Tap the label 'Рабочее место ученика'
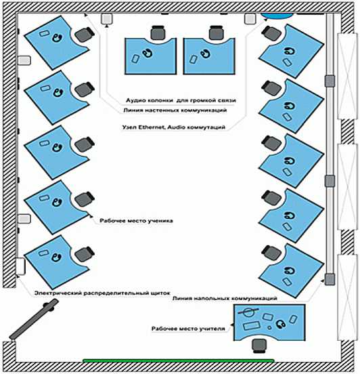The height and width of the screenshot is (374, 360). (136, 221)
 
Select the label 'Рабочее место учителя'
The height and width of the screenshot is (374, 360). (188, 329)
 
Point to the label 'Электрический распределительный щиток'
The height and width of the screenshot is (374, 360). (102, 293)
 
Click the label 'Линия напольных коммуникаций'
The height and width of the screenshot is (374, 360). (225, 298)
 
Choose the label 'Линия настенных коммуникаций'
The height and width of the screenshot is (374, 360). (175, 110)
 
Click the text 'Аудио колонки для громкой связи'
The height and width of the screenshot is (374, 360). (181, 100)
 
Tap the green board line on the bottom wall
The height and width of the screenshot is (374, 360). (179, 360)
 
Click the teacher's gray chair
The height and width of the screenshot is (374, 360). (259, 346)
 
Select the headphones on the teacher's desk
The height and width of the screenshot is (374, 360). (281, 324)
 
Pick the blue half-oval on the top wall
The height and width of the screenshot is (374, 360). (276, 16)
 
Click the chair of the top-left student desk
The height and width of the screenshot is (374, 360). (85, 35)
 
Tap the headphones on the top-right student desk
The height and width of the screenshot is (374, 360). (290, 51)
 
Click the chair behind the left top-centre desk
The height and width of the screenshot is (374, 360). (158, 33)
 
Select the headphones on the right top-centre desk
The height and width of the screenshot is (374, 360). (205, 54)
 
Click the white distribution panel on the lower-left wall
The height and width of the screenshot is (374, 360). (20, 266)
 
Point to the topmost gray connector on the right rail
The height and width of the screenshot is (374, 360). (330, 81)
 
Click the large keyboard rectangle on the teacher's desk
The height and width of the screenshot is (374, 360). (251, 326)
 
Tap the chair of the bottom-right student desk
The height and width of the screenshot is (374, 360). (271, 253)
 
